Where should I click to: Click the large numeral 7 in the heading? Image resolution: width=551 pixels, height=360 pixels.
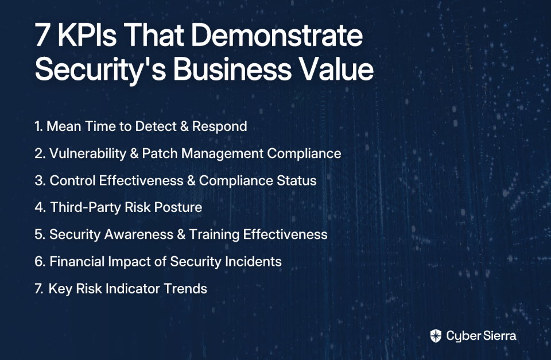pyautogui.click(x=42, y=36)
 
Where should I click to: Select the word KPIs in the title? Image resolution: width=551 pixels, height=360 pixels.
pyautogui.click(x=87, y=35)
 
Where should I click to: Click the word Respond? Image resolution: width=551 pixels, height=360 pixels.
pyautogui.click(x=220, y=127)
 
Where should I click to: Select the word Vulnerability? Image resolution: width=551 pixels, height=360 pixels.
pyautogui.click(x=88, y=154)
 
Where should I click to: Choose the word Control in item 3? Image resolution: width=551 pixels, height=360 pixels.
pyautogui.click(x=72, y=180)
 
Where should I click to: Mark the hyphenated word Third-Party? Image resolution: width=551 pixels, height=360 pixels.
pyautogui.click(x=86, y=208)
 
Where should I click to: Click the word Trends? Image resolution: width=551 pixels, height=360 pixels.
pyautogui.click(x=185, y=289)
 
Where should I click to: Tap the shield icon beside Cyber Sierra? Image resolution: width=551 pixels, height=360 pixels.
pyautogui.click(x=436, y=336)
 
